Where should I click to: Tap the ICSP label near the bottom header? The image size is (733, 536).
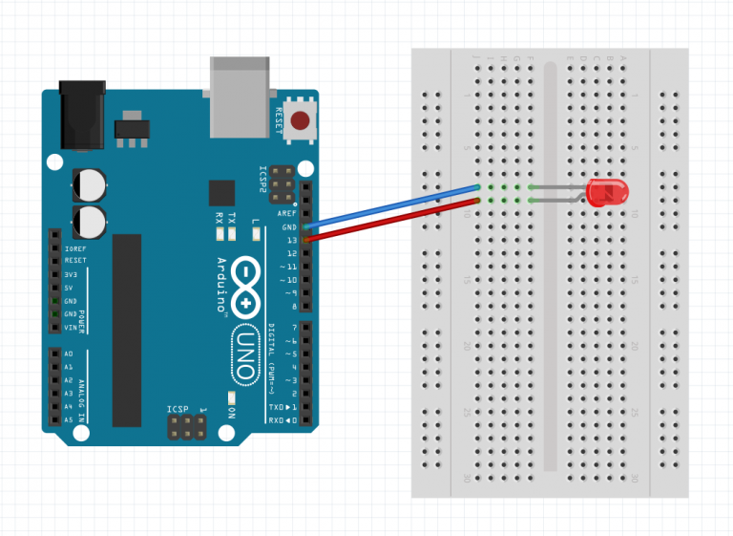pyautogui.click(x=179, y=410)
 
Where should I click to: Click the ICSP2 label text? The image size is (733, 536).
pyautogui.click(x=263, y=179)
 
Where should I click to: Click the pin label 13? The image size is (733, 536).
pyautogui.click(x=291, y=240)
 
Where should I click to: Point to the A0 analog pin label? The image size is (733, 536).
pyautogui.click(x=68, y=353)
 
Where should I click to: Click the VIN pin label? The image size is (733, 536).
pyautogui.click(x=69, y=327)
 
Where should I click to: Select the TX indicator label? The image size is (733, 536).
pyautogui.click(x=231, y=218)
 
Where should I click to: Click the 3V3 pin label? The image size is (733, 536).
pyautogui.click(x=70, y=274)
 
